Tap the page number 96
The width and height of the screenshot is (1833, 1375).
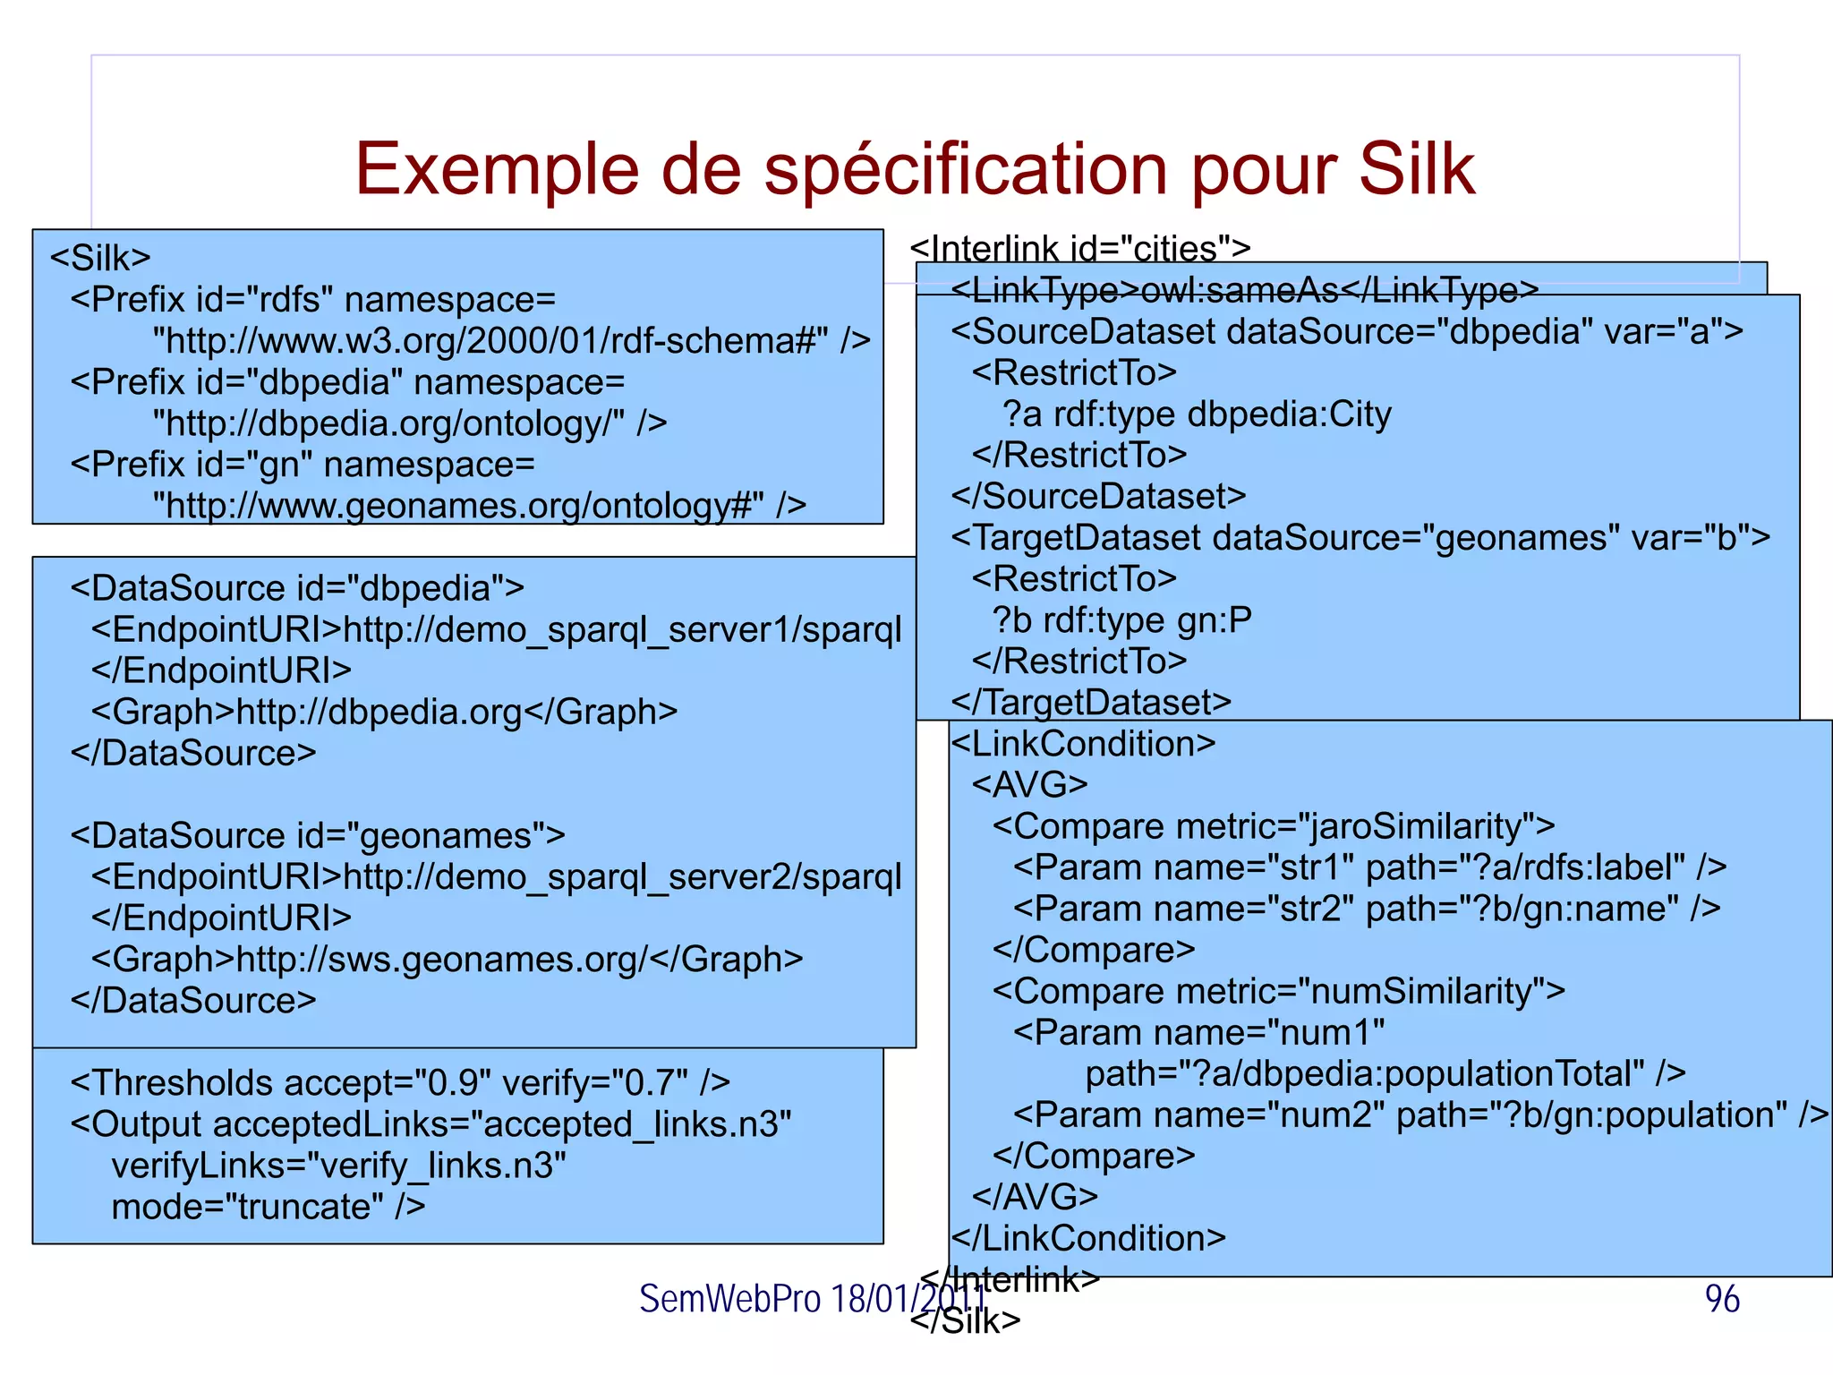[1721, 1299]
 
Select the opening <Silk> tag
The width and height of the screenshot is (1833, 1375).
[100, 258]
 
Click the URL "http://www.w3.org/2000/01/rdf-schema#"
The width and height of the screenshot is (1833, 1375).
[490, 341]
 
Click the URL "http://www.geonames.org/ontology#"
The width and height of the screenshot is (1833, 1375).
[458, 506]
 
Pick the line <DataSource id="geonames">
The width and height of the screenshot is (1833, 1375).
[318, 835]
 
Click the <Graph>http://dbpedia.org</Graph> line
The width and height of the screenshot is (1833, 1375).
[384, 712]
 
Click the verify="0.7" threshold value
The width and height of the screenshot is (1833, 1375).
[595, 1083]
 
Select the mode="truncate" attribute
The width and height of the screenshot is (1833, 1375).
[242, 1207]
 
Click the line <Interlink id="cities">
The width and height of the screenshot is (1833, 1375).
[1079, 248]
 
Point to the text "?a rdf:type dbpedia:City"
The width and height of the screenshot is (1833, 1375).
[1197, 414]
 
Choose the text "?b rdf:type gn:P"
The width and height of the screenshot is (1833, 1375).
[1121, 619]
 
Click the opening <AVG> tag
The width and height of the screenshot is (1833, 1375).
[1029, 785]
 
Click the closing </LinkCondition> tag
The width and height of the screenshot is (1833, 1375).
[1088, 1238]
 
